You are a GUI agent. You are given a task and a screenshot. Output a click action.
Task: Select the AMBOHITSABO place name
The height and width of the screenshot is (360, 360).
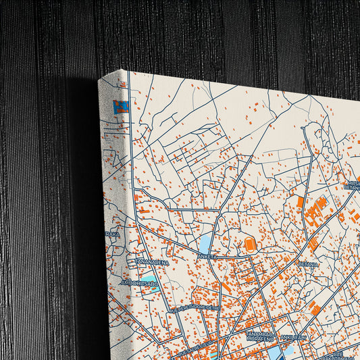pos(139,283)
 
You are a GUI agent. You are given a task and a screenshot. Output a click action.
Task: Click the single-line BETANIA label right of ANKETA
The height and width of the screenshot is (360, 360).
pos(307,265)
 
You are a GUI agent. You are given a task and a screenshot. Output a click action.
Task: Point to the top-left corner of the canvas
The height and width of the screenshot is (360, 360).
pos(99,80)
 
